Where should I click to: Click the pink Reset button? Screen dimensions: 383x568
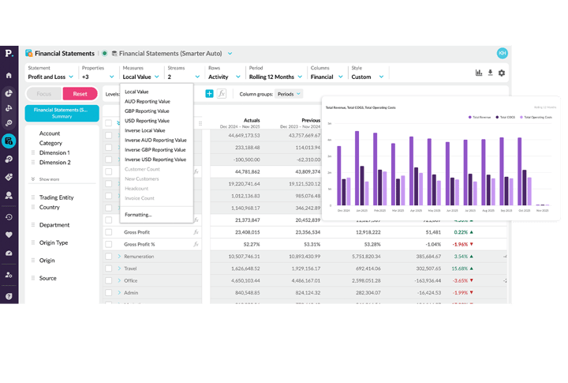80,93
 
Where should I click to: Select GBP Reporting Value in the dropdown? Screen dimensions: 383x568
147,111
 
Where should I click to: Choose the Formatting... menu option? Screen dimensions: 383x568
138,214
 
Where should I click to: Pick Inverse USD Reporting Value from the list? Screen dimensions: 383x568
155,159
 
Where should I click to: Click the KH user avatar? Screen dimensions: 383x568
502,53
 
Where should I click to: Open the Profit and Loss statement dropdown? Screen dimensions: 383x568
50,77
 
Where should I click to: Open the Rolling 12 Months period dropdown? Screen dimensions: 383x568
275,77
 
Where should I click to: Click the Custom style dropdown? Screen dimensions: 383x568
366,77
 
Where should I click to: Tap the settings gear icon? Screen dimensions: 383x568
502,73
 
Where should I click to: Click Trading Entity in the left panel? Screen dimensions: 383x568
56,197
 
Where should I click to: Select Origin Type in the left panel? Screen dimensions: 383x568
54,242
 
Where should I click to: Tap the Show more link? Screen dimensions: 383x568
48,179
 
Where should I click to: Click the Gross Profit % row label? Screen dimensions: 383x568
140,244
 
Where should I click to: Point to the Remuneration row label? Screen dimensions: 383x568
139,256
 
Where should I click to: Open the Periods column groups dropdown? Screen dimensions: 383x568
287,94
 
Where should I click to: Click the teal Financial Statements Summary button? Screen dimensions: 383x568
62,113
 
